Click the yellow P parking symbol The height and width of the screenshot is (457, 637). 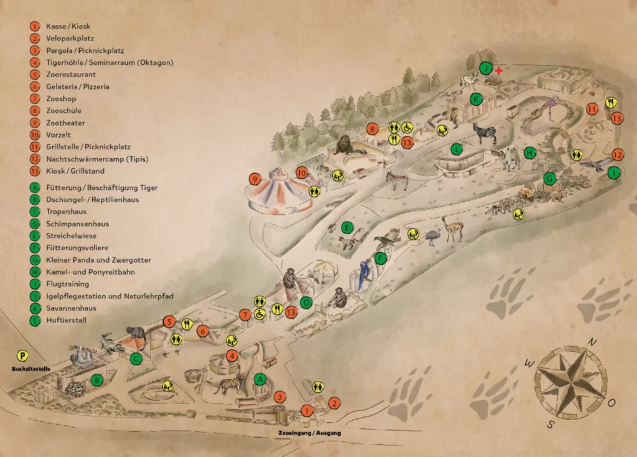pyautogui.click(x=23, y=356)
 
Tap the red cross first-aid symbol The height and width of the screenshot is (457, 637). pyautogui.click(x=498, y=71)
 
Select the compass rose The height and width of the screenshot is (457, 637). pyautogui.click(x=570, y=382)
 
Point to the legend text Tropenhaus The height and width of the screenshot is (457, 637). pyautogui.click(x=65, y=212)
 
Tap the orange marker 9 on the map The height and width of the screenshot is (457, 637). pyautogui.click(x=254, y=179)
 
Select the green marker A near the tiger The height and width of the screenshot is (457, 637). pyautogui.click(x=261, y=379)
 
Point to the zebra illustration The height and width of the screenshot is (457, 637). pyautogui.click(x=484, y=133)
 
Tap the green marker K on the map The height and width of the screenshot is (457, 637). pyautogui.click(x=476, y=99)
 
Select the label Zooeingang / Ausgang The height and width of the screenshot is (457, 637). pyautogui.click(x=309, y=432)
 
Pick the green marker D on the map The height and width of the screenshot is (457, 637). pyautogui.click(x=305, y=303)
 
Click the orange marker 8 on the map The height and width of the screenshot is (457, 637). pyautogui.click(x=372, y=130)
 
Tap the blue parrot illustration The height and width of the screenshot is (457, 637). pyautogui.click(x=363, y=275)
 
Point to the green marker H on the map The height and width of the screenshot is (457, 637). pyautogui.click(x=529, y=153)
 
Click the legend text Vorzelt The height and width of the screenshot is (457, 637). pyautogui.click(x=59, y=135)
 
